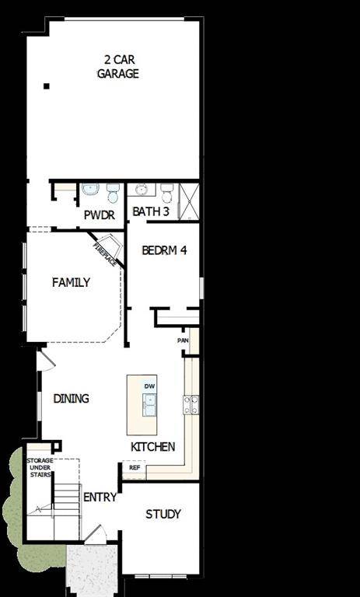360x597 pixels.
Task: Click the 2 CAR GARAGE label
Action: [117, 66]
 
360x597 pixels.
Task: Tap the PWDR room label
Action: [100, 214]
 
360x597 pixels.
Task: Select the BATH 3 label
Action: [150, 211]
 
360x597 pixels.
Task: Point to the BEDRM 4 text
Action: [163, 250]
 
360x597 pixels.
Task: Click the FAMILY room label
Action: [71, 282]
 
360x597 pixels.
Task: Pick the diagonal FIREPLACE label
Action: [105, 255]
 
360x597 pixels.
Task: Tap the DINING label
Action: [71, 398]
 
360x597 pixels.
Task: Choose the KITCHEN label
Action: [152, 447]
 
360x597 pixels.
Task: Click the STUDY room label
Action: [163, 514]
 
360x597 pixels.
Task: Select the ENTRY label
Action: [100, 497]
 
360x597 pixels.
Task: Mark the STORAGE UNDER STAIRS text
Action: [40, 469]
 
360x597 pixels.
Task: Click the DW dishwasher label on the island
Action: [150, 386]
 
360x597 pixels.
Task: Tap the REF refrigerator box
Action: [134, 468]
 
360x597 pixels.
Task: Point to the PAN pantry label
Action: [183, 340]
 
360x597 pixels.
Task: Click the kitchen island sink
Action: [149, 403]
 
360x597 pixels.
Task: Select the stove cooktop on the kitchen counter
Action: [190, 403]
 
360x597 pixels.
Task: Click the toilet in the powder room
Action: [113, 191]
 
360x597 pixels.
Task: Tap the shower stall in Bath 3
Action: [189, 201]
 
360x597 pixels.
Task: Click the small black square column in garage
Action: [47, 86]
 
